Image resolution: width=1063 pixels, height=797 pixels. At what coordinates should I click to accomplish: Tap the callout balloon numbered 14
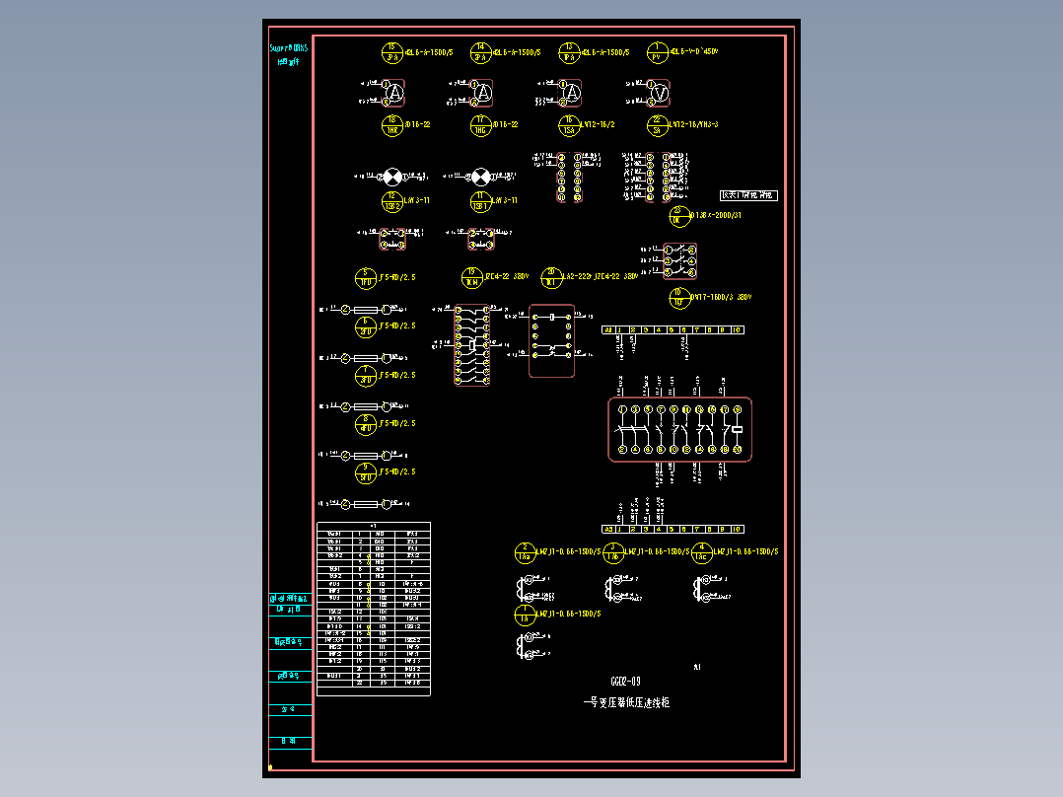click(x=481, y=52)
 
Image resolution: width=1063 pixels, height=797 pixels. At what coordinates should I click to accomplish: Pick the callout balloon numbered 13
click(x=570, y=52)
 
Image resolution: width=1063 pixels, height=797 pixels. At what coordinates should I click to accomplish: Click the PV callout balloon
click(x=658, y=52)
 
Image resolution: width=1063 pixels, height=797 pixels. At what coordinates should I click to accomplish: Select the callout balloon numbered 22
click(x=658, y=124)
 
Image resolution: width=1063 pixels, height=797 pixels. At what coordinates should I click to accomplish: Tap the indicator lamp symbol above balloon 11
click(x=480, y=177)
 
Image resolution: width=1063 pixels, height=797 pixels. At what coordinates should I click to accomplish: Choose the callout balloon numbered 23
click(x=677, y=216)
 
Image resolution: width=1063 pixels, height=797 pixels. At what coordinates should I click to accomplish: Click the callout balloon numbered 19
click(x=472, y=277)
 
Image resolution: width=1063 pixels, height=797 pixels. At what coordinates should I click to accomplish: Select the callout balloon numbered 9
click(x=366, y=471)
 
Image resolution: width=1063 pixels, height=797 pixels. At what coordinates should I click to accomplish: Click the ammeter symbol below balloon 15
click(x=393, y=94)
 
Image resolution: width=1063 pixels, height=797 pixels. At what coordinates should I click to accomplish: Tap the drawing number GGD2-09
click(x=625, y=682)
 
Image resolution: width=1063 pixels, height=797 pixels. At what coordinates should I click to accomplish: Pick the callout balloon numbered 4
click(x=701, y=551)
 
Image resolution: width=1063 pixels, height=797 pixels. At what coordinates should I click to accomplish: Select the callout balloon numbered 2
click(x=526, y=551)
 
